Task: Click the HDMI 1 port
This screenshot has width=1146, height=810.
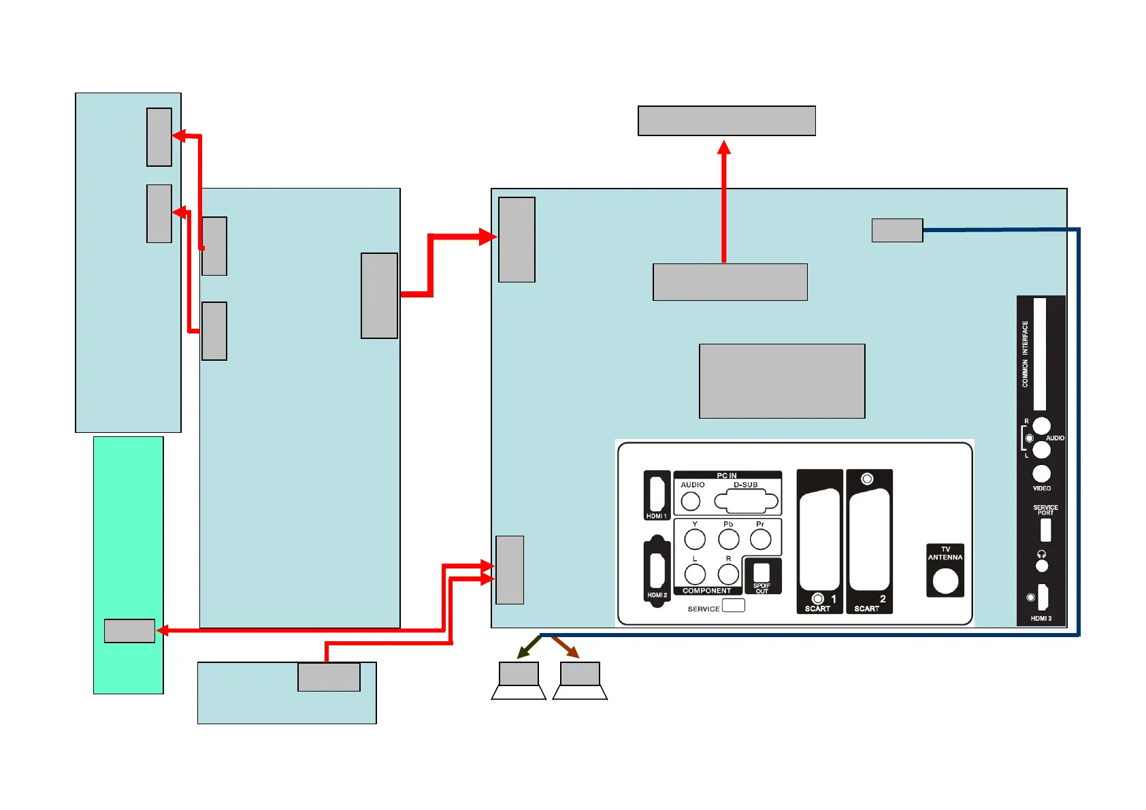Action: coord(657,494)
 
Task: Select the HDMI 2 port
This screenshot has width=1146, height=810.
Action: coord(657,570)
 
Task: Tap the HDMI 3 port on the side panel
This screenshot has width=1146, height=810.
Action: coord(1042,598)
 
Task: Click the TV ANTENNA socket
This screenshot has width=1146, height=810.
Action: coord(945,581)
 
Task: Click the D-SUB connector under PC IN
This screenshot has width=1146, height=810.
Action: coord(746,502)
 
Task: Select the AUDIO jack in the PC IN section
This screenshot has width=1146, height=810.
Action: coord(691,501)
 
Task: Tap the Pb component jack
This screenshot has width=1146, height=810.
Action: coord(728,539)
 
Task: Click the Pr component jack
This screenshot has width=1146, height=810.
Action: coord(760,539)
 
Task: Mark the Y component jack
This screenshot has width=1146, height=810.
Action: coord(695,539)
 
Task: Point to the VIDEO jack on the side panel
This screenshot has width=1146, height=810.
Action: coord(1041,473)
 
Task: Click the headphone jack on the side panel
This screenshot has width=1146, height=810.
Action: coord(1041,566)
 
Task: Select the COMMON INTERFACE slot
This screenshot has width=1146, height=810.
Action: coord(1039,353)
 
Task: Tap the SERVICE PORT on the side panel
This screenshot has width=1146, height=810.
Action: coord(1045,530)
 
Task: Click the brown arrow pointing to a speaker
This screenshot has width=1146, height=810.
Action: coord(567,648)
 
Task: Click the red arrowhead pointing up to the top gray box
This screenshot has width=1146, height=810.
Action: coord(724,147)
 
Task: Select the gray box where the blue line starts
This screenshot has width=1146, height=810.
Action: coord(897,230)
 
